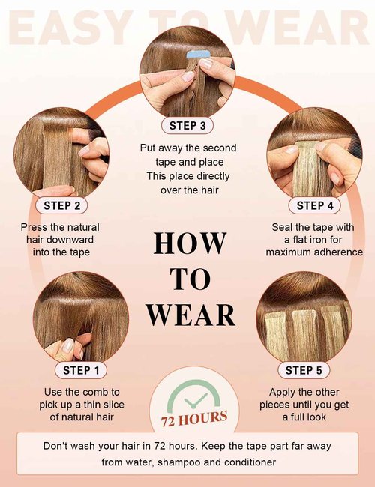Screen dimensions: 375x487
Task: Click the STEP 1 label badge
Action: [x=81, y=370]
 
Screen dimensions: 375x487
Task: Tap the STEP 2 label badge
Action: [x=61, y=205]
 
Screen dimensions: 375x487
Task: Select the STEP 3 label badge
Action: [x=187, y=126]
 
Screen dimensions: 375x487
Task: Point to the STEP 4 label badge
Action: [x=315, y=205]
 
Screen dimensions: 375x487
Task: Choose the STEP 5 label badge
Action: [x=304, y=370]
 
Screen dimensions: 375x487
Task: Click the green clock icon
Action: [x=193, y=398]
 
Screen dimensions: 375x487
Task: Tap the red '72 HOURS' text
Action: [x=194, y=419]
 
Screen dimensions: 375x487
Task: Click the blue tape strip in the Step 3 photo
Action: [x=199, y=55]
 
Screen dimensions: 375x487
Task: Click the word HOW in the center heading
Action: [x=190, y=243]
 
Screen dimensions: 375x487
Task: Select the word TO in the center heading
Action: [x=190, y=279]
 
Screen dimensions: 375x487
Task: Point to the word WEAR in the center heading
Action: [x=190, y=315]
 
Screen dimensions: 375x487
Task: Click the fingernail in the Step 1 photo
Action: [x=67, y=345]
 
